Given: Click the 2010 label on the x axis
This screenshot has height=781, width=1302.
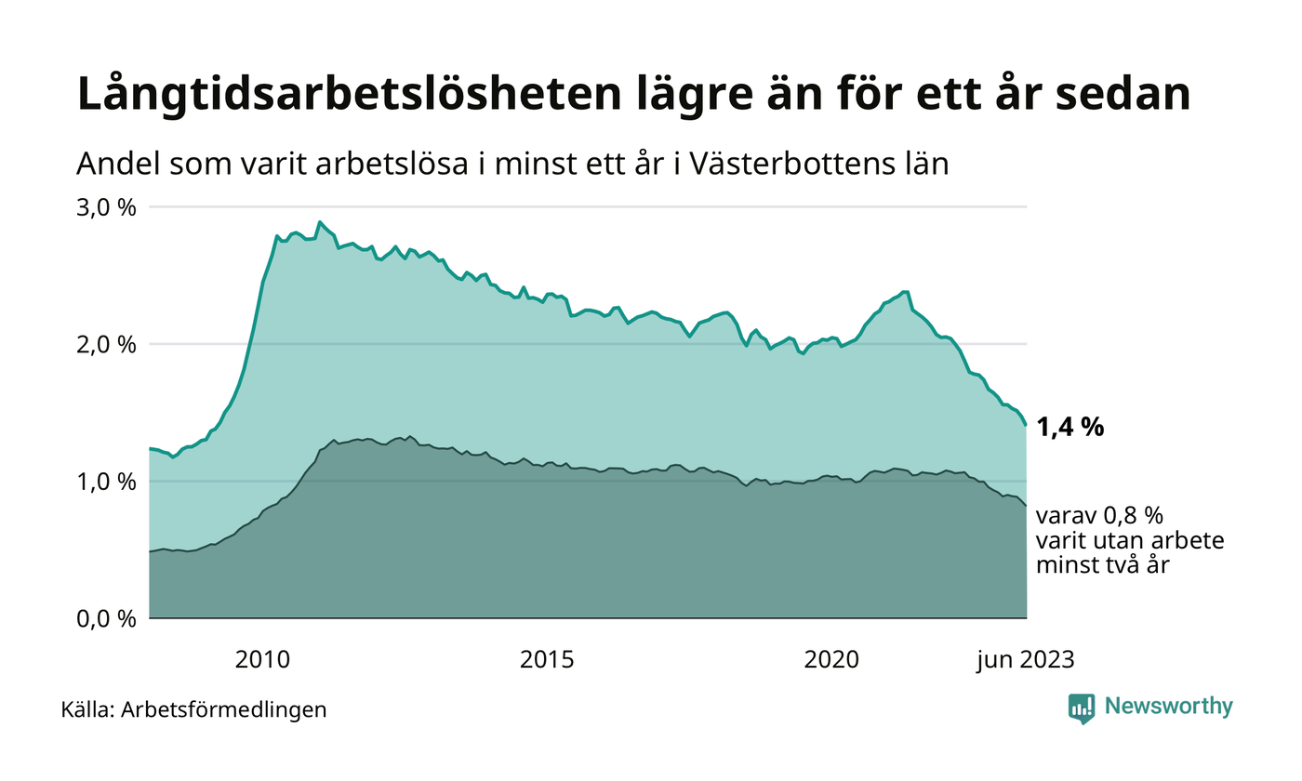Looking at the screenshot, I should point(262,660).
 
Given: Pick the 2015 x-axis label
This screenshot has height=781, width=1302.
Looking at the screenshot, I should point(547,660).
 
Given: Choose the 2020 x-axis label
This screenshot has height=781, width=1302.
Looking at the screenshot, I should point(831,660).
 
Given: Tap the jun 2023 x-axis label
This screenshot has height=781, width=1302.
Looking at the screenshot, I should point(1025,660).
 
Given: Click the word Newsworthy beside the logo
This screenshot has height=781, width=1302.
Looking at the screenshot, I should point(1168,707).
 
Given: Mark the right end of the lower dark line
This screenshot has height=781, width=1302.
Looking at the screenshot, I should point(1026,506).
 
